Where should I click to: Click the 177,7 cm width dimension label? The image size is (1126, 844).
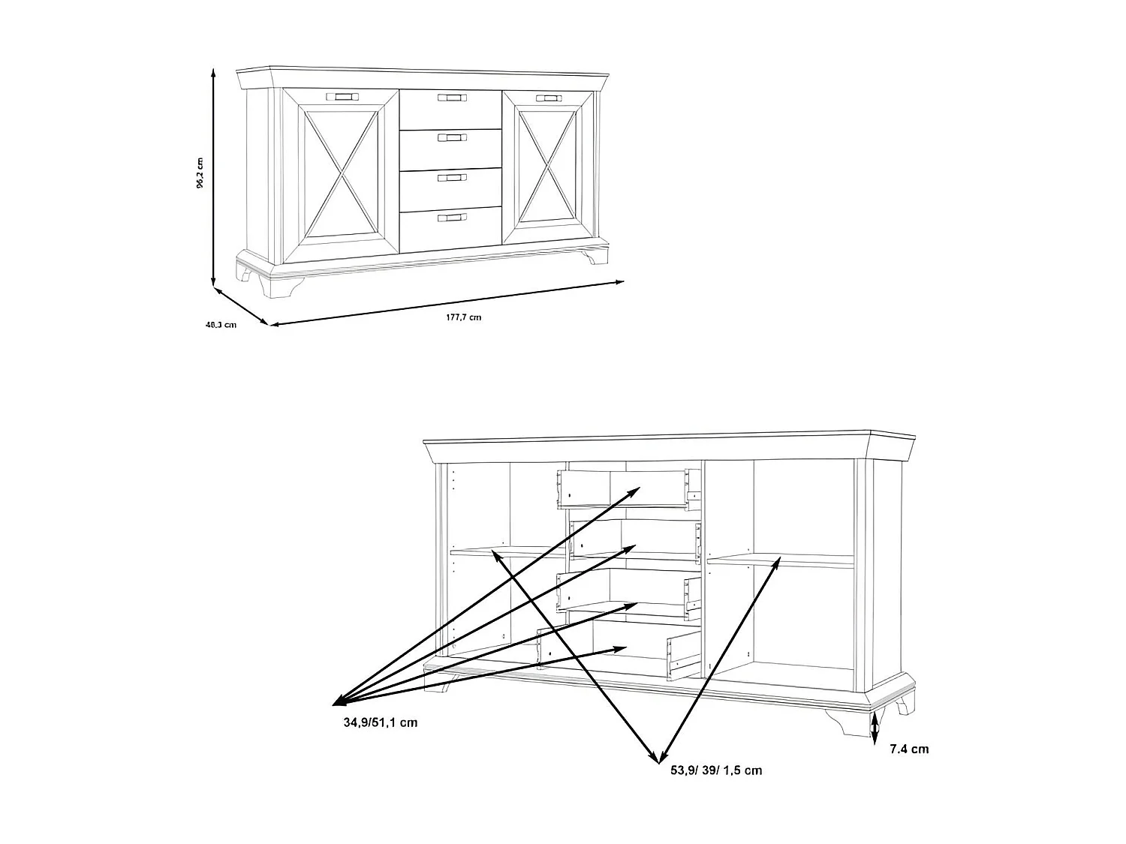click(x=463, y=317)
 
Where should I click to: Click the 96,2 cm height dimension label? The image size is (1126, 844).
click(x=200, y=173)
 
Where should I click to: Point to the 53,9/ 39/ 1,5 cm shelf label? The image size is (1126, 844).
click(x=712, y=770)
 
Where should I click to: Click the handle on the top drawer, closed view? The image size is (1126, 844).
click(x=453, y=98)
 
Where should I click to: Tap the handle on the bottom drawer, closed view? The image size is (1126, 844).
click(x=453, y=218)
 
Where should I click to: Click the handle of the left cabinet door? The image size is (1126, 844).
click(x=343, y=96)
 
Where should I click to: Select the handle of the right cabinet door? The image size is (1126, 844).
click(x=549, y=98)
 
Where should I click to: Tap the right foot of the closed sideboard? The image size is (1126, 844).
click(x=597, y=255)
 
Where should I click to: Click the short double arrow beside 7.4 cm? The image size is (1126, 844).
click(x=875, y=728)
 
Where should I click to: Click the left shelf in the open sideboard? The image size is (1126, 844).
click(x=507, y=552)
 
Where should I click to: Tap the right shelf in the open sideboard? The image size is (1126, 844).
click(x=781, y=559)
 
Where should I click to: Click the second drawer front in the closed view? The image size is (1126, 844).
click(x=450, y=149)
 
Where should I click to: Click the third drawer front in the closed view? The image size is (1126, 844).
click(x=450, y=188)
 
